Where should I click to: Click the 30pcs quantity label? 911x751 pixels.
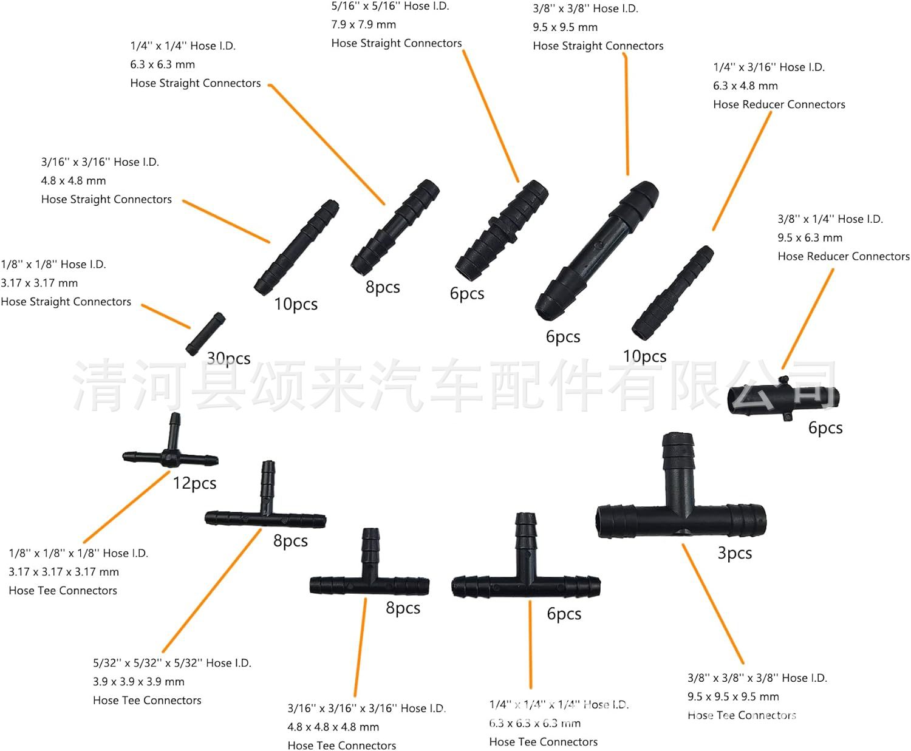click(x=228, y=358)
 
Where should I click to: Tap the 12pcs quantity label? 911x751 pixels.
click(x=194, y=483)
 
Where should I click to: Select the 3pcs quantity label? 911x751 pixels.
click(x=734, y=553)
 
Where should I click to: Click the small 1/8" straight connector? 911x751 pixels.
click(x=205, y=333)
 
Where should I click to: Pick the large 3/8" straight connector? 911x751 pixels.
click(x=596, y=249)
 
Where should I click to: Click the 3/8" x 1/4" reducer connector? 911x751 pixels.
click(x=783, y=398)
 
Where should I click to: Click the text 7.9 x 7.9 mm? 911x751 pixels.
click(x=363, y=25)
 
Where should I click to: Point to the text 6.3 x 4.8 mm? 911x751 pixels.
click(x=745, y=86)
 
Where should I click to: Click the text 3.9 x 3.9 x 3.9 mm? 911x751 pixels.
click(x=138, y=682)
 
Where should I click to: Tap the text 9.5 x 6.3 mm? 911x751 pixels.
click(x=810, y=238)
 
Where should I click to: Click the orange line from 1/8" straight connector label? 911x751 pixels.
click(x=166, y=316)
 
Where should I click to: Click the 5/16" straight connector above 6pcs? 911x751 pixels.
click(x=502, y=226)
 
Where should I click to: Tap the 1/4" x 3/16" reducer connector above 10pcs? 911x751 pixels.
click(x=672, y=293)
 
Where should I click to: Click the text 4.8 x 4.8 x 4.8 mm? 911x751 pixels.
click(x=333, y=727)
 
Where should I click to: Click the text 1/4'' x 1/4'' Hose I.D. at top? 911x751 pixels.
click(x=183, y=46)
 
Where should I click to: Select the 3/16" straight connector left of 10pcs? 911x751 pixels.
click(x=296, y=247)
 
